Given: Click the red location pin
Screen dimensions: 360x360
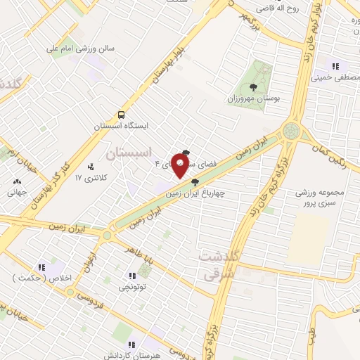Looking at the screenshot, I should pyautogui.click(x=180, y=167).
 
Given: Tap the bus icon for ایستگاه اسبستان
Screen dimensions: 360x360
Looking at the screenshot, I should pyautogui.click(x=122, y=114).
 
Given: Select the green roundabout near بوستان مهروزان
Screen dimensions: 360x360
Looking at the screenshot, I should pyautogui.click(x=290, y=130).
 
